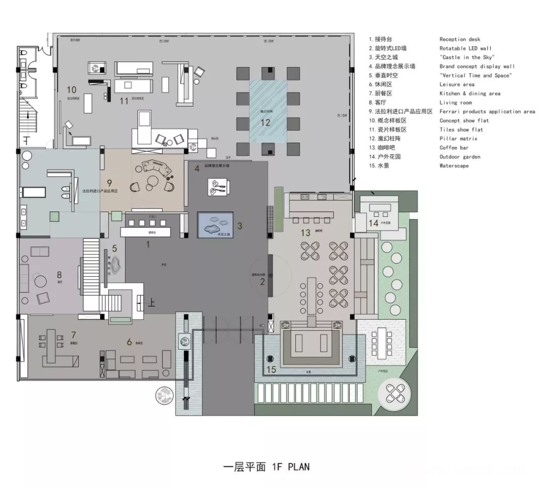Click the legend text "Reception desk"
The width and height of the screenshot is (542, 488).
click(460, 39)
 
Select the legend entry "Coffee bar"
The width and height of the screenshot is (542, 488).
click(454, 148)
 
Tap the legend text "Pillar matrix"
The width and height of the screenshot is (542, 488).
click(458, 139)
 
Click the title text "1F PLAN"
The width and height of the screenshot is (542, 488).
click(291, 466)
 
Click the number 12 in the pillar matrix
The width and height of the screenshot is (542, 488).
click(265, 122)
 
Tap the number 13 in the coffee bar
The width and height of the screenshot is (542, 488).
click(306, 232)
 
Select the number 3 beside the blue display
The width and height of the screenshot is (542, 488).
click(239, 226)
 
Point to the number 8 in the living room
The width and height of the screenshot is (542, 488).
click(59, 275)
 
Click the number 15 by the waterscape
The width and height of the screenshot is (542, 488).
click(271, 370)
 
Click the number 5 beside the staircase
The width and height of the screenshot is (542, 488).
click(114, 248)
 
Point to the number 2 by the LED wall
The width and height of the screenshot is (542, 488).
click(262, 282)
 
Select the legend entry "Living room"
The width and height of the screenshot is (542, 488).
click(455, 102)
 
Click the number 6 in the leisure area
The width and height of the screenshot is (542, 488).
click(129, 342)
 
